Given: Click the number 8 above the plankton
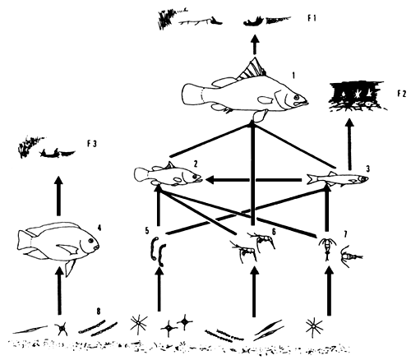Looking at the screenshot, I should (99, 311).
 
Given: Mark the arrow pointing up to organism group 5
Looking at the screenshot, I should (158, 292).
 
